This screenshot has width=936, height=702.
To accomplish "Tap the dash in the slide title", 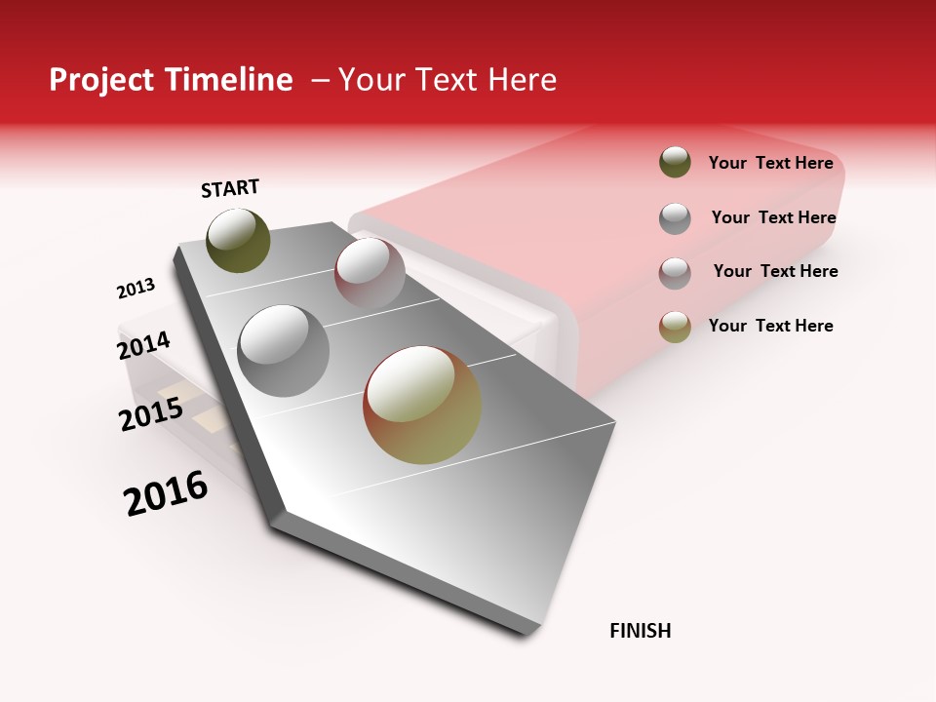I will [x=320, y=80].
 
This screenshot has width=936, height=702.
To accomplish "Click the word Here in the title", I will [x=522, y=80].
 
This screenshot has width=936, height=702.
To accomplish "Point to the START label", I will [x=230, y=188].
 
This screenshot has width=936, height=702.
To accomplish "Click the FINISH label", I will [x=640, y=631].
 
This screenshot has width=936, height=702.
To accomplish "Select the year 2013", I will [x=136, y=289].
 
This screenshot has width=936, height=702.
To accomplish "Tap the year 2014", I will [x=143, y=345].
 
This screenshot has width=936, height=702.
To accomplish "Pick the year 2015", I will [x=151, y=414].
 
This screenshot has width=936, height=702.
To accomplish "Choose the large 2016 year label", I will [x=166, y=493].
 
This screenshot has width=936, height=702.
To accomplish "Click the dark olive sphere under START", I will [x=238, y=240].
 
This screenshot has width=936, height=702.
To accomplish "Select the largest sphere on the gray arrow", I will [x=422, y=405].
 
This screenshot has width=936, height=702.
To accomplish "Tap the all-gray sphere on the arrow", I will [x=284, y=350].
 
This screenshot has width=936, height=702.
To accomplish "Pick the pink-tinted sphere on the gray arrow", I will [x=370, y=272].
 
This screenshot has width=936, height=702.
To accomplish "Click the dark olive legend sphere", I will [x=675, y=162].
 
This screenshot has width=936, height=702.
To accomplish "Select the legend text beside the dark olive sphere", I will [x=770, y=163].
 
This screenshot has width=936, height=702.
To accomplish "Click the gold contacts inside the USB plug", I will [x=210, y=422].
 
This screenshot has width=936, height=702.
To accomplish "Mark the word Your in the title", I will [x=372, y=80].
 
